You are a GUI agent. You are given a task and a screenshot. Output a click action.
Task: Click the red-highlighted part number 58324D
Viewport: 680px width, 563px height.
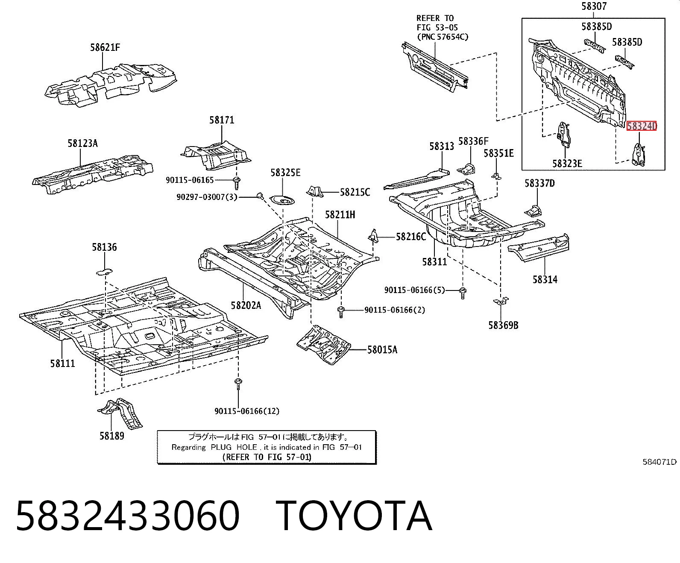pos(641,126)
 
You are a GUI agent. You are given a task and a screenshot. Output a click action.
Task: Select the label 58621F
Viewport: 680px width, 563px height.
pos(105,47)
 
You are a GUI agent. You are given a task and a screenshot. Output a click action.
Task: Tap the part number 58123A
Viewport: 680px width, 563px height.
pos(82,144)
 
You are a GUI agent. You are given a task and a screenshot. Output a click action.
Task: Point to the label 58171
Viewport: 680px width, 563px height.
pos(221,120)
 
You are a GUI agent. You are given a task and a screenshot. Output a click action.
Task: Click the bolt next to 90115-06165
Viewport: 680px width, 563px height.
pos(237,183)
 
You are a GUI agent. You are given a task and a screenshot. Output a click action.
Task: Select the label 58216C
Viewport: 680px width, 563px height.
pos(410,237)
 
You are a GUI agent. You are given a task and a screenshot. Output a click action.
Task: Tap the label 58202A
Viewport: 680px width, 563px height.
pos(246,305)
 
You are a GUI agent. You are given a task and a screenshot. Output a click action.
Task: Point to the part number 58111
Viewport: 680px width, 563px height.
pos(62,363)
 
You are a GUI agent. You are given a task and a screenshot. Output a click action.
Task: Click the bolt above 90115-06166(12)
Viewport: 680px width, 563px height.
pos(238,384)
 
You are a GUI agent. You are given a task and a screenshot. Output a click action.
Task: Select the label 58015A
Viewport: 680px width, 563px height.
pos(382,350)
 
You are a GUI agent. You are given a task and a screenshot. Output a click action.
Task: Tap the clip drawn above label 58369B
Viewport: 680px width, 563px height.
pos(501,301)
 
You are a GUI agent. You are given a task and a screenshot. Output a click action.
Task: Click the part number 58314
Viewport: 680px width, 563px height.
pos(545,279)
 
